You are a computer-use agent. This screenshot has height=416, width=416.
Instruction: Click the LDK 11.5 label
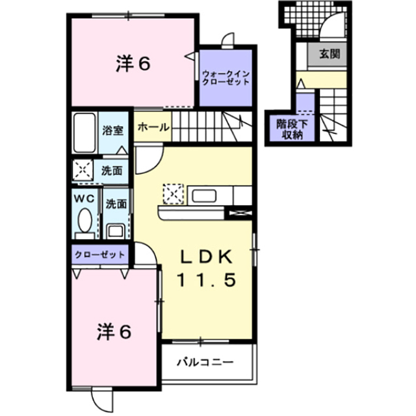tap(206, 268)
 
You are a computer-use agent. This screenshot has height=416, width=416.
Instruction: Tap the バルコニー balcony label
tap(205, 362)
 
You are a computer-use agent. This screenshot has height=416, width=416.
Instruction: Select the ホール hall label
tap(153, 127)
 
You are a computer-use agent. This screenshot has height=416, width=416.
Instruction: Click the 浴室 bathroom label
tap(112, 130)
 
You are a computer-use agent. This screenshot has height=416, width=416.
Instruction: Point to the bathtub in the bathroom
tap(84, 133)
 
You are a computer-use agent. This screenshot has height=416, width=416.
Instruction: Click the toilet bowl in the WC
tap(85, 220)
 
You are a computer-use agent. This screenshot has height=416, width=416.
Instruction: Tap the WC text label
tap(84, 198)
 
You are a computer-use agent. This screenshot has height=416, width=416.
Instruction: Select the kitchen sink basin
tap(204, 196)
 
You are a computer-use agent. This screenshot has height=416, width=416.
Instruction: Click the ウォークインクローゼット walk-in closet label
tap(226, 77)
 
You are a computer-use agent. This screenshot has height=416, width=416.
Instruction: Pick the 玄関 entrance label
tap(330, 54)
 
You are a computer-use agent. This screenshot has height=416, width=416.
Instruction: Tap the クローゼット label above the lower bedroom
tap(99, 255)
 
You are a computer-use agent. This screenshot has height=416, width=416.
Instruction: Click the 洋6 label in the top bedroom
tap(133, 64)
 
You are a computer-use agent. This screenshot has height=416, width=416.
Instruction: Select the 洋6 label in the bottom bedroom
tap(114, 332)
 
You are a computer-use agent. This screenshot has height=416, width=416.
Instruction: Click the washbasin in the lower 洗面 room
tap(115, 231)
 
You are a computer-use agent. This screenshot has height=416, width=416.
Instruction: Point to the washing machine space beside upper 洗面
tap(83, 170)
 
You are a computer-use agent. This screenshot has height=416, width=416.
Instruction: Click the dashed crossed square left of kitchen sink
tap(174, 194)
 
